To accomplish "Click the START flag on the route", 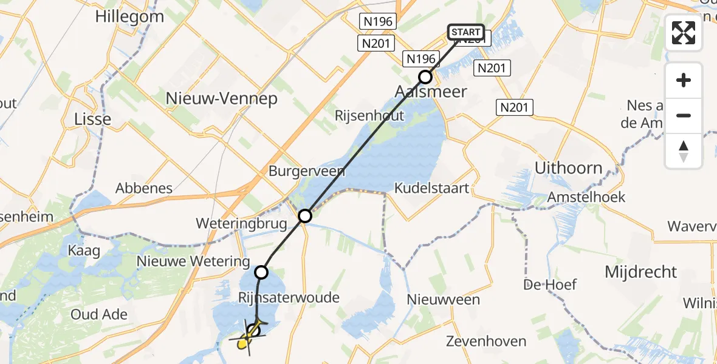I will point(466,32).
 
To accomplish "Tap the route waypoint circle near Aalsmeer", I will point(425,77).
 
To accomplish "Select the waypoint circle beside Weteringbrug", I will point(305,215).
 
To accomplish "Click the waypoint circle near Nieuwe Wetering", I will point(261,272).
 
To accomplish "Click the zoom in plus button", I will point(684,80).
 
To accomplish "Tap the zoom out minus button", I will point(684,115).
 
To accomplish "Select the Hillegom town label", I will point(129,16).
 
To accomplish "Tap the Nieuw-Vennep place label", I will point(222,99).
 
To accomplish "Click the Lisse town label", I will point(92,118).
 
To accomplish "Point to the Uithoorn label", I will point(568,168).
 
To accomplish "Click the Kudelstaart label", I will point(432,188).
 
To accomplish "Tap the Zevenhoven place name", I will point(485,341).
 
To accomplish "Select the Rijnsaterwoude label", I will point(289,298).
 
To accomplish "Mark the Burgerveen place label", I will point(307,171).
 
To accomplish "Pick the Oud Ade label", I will point(99,314).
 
